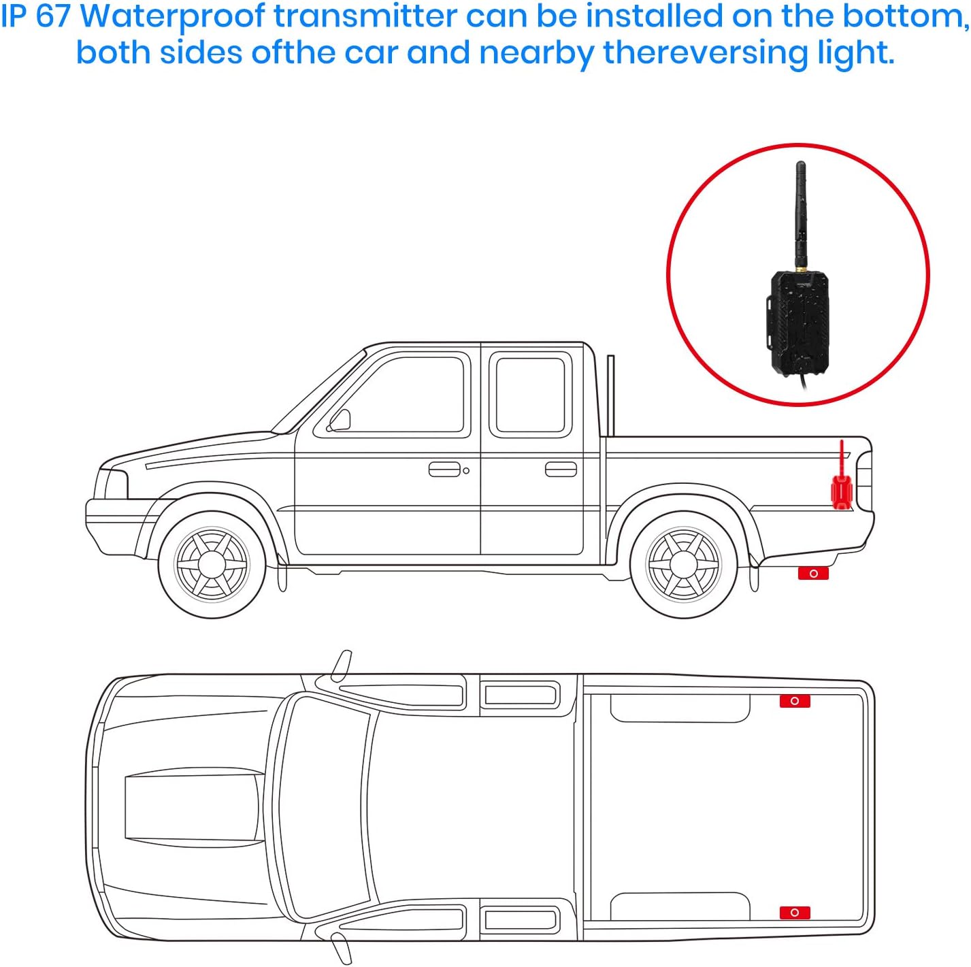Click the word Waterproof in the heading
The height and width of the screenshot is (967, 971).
click(x=172, y=17)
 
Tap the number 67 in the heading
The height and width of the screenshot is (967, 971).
click(x=52, y=16)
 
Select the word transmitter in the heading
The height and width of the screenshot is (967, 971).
click(x=365, y=16)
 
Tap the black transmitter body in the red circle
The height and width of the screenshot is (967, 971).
click(x=800, y=323)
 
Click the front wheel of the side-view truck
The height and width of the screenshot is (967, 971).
click(x=212, y=564)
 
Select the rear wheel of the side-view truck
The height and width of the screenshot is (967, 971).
click(x=682, y=564)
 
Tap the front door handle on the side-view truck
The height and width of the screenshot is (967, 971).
click(x=444, y=470)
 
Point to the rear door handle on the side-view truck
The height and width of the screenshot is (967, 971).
click(x=561, y=470)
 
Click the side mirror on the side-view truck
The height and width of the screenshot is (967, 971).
click(x=340, y=421)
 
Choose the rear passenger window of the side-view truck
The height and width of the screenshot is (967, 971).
click(x=530, y=395)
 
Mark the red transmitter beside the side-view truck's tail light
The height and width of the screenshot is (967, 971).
click(x=842, y=489)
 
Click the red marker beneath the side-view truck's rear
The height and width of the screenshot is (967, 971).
click(x=813, y=574)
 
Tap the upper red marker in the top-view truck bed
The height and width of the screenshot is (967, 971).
click(x=795, y=701)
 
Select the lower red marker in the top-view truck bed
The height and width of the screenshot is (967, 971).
click(x=795, y=913)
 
